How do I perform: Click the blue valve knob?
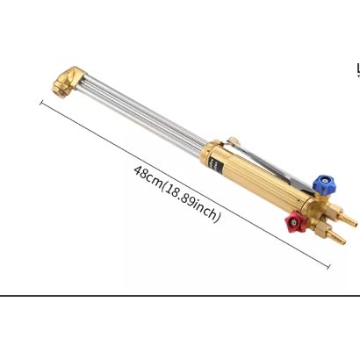(325, 185)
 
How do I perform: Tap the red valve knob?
(295, 222)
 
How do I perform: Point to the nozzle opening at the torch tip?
(60, 87)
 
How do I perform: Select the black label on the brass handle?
(216, 165)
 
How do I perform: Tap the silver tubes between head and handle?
(140, 112)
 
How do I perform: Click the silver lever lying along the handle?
(272, 165)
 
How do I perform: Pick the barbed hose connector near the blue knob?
(345, 217)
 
